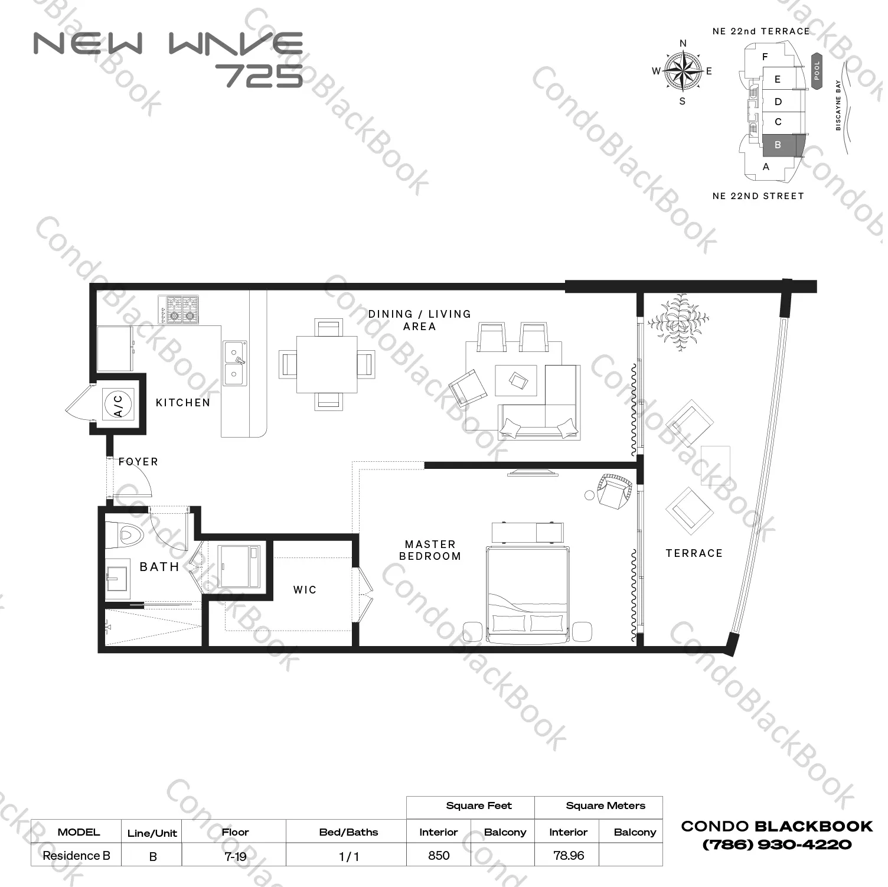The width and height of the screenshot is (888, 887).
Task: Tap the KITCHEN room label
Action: [182, 403]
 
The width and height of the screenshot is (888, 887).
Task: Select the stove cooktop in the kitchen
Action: [179, 309]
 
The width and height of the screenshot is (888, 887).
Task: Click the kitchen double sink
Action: [235, 363]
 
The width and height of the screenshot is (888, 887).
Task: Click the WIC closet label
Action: [305, 590]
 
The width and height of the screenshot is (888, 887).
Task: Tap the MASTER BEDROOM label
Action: [430, 550]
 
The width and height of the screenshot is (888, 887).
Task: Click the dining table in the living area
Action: [327, 364]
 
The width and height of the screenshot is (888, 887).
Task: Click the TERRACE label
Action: [694, 553]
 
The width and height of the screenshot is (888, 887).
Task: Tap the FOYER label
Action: [138, 462]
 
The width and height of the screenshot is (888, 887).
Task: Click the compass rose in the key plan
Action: [683, 71]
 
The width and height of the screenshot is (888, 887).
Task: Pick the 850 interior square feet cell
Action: [439, 856]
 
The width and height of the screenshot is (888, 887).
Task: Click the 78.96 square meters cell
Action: [569, 856]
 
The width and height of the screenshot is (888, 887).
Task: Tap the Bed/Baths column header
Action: [348, 832]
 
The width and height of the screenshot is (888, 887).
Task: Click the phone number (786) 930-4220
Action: [777, 845]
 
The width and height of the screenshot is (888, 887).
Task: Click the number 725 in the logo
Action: [259, 75]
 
